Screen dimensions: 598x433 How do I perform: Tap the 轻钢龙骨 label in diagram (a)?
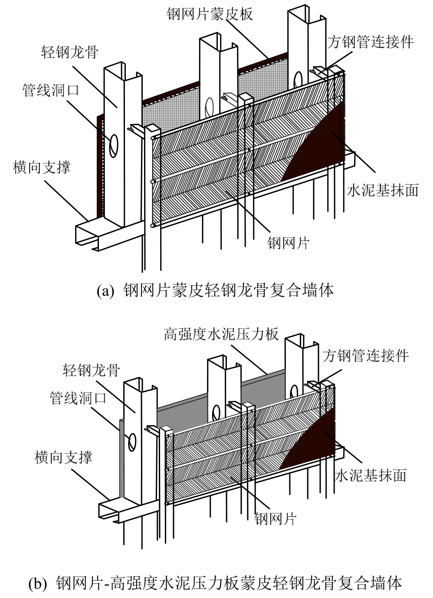click(x=70, y=52)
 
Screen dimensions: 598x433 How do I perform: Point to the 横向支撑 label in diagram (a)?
click(x=42, y=167)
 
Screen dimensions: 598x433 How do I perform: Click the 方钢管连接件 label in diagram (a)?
click(x=370, y=42)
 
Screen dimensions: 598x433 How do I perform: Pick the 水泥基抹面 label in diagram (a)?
click(x=383, y=190)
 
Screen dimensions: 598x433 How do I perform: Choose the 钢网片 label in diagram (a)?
click(x=288, y=242)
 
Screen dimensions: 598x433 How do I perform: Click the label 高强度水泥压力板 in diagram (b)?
click(x=221, y=334)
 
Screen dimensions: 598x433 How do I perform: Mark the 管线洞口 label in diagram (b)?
click(x=78, y=398)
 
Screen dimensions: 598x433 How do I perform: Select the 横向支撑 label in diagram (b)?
click(x=63, y=457)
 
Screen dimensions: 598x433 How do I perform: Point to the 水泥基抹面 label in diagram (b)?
click(x=371, y=475)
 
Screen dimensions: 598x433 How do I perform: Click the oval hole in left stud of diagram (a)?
click(x=114, y=145)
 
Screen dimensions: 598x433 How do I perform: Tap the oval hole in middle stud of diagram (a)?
click(x=209, y=107)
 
